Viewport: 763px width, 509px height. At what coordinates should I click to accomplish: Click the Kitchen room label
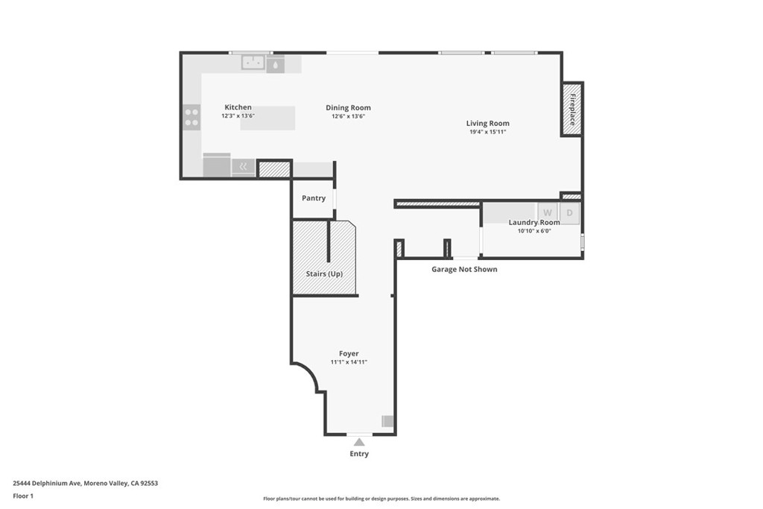(238, 107)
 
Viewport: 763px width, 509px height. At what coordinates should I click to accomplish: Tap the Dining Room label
(348, 107)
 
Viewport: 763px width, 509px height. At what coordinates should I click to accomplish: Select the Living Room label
(487, 123)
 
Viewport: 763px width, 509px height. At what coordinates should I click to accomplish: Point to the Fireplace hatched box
(572, 110)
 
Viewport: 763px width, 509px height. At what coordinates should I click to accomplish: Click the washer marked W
(548, 212)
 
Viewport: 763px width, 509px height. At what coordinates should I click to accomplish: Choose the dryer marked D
(569, 212)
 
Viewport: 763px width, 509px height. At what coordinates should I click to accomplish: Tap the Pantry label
(314, 198)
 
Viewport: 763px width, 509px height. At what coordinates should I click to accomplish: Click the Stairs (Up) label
(324, 274)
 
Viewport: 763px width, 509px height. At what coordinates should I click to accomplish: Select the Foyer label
(349, 354)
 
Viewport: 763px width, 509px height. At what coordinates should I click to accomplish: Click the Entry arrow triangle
(359, 442)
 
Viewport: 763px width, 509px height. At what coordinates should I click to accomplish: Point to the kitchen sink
(253, 63)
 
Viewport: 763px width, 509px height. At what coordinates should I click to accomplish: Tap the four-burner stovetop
(191, 117)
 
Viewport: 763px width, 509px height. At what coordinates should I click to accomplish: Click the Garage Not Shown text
(464, 269)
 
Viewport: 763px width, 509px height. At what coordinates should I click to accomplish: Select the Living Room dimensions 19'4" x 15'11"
(487, 132)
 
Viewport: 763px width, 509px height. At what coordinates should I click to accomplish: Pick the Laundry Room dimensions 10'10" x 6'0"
(534, 231)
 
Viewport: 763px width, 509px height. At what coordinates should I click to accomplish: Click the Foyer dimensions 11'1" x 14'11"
(349, 362)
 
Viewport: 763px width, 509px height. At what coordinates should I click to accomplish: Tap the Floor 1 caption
(23, 496)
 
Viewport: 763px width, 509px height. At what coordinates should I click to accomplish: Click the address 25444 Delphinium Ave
(47, 483)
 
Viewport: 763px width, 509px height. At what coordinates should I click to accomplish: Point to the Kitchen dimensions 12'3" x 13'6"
(238, 116)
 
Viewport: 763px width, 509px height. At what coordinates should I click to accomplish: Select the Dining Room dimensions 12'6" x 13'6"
(348, 116)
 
